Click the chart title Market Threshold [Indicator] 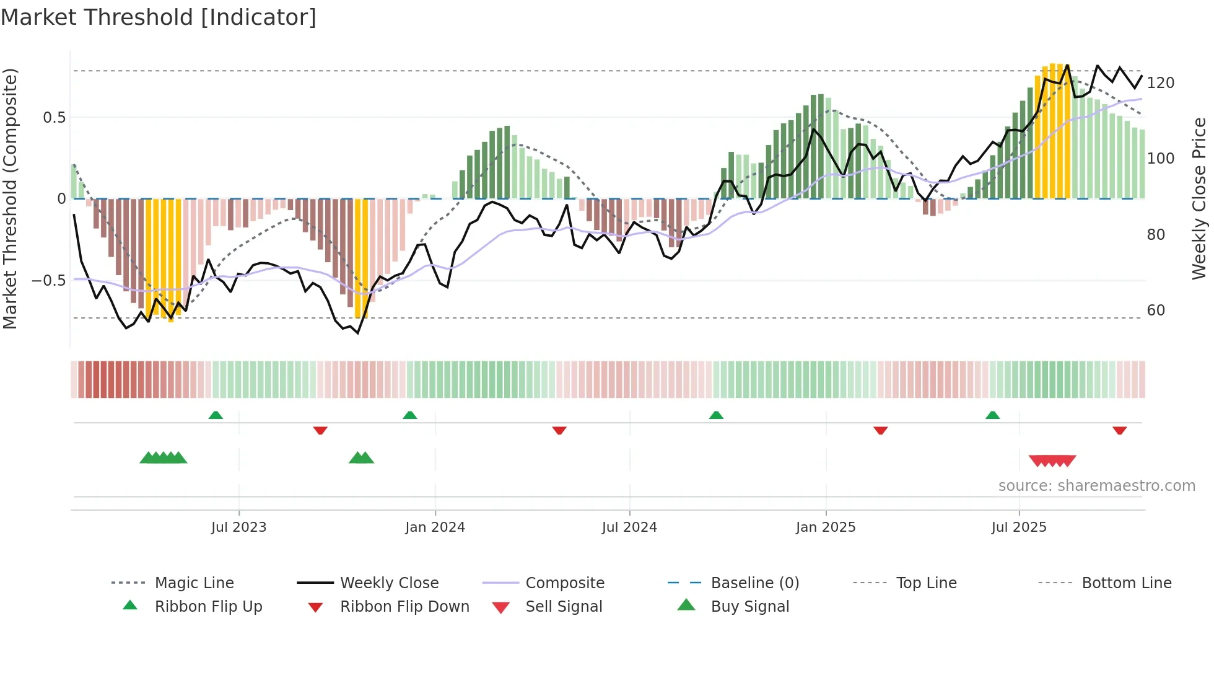(x=159, y=17)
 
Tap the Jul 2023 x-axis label (x=238, y=527)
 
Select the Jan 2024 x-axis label (x=435, y=527)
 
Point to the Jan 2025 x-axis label (x=826, y=527)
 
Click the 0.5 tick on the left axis (x=54, y=118)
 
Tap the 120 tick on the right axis (x=1160, y=83)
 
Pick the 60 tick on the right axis (x=1156, y=311)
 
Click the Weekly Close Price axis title (x=1199, y=198)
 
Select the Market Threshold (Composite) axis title (x=10, y=198)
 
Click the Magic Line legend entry (x=194, y=583)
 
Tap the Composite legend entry (x=564, y=583)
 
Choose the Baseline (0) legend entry (x=754, y=583)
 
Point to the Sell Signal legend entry (x=563, y=607)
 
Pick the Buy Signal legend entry (x=749, y=607)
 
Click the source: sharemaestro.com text (x=1096, y=486)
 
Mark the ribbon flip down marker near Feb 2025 (x=880, y=430)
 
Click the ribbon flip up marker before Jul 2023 (x=216, y=415)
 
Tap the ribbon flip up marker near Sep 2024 (x=716, y=415)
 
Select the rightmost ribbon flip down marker (x=1119, y=430)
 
